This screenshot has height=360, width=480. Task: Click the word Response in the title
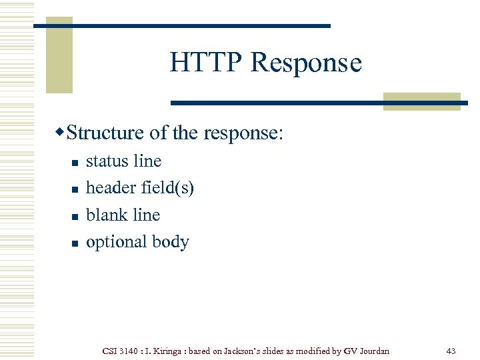(306, 63)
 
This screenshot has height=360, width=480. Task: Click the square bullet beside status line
(75, 163)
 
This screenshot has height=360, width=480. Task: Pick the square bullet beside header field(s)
(75, 189)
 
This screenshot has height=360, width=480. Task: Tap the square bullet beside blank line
(75, 217)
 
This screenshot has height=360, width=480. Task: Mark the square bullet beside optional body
(75, 243)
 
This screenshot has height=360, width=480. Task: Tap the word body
(171, 242)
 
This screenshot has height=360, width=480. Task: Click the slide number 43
(451, 351)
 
